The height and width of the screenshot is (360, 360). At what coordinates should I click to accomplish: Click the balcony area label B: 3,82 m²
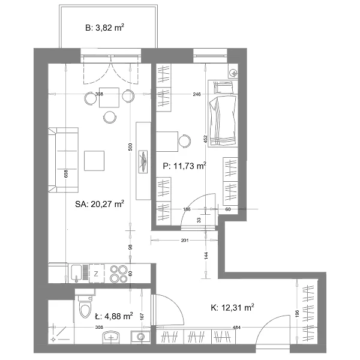tap(104, 28)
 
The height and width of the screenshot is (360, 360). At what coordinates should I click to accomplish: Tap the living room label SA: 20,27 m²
tap(100, 204)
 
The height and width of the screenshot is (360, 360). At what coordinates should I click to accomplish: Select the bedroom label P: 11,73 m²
tap(184, 166)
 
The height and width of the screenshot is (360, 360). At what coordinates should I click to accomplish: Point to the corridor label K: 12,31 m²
tap(232, 307)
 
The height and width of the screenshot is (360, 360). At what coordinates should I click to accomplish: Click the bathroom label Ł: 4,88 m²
tap(114, 316)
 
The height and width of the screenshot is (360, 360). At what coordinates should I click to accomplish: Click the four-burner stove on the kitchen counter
tap(119, 274)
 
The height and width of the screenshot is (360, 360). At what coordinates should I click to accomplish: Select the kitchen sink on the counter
tap(76, 273)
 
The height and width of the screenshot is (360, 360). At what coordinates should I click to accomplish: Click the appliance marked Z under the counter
tap(97, 274)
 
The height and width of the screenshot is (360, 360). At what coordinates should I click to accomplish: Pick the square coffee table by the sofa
tap(94, 161)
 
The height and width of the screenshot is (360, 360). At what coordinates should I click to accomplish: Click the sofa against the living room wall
tap(64, 160)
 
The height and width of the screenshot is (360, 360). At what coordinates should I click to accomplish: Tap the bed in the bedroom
tap(223, 113)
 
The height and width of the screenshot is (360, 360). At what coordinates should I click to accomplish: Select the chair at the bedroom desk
tap(185, 140)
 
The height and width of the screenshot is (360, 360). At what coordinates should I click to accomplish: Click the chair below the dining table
tap(110, 117)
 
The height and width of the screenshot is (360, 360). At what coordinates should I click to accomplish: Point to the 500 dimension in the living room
tap(130, 147)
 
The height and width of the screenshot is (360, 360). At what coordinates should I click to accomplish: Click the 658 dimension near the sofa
tap(66, 174)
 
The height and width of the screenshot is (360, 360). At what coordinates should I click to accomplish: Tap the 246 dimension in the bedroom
tap(197, 94)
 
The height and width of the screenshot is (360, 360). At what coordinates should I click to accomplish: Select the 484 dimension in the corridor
tap(236, 328)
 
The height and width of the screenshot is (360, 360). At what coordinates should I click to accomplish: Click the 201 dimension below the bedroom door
tap(185, 241)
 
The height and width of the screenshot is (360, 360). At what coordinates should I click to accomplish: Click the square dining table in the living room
tap(109, 97)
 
